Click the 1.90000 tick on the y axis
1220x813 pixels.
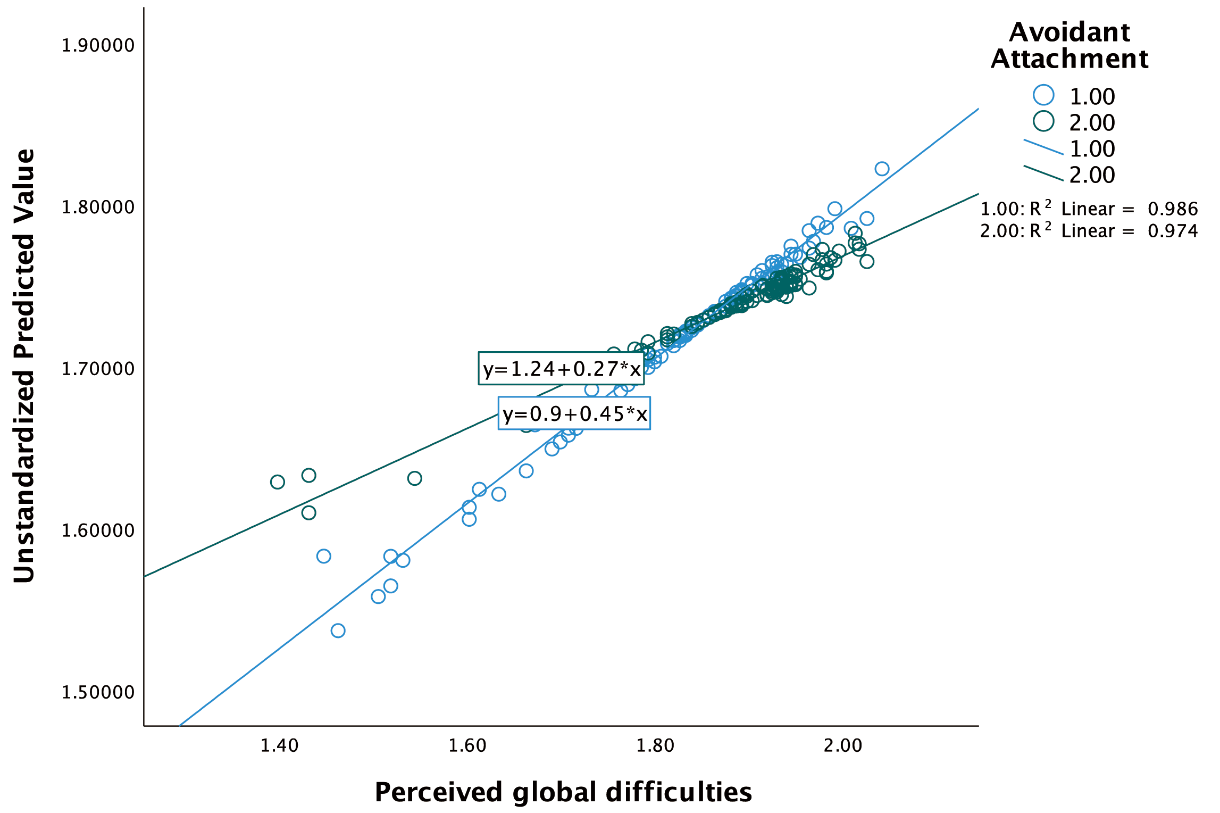point(98,46)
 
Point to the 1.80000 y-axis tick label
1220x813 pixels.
point(98,207)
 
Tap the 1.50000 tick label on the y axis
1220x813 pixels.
point(98,692)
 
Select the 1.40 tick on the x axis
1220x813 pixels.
point(279,746)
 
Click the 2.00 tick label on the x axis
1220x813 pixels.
point(843,746)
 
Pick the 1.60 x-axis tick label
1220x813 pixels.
point(467,746)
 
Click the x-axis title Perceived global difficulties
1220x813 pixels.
point(563,792)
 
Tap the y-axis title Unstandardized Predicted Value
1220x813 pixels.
point(24,366)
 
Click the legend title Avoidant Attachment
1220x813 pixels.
point(1069,45)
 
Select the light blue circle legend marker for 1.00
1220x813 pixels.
point(1043,95)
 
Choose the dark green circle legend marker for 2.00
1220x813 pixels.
point(1043,121)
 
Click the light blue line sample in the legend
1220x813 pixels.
point(1043,147)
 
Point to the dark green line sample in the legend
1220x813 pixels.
point(1043,173)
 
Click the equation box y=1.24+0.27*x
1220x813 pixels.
point(561,368)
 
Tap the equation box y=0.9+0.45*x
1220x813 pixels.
point(574,413)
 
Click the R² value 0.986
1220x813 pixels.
point(1173,209)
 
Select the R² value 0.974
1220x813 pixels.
point(1173,231)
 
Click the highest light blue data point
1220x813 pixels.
point(882,169)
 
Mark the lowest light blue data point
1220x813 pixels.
point(338,631)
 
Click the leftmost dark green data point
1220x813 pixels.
point(278,482)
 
